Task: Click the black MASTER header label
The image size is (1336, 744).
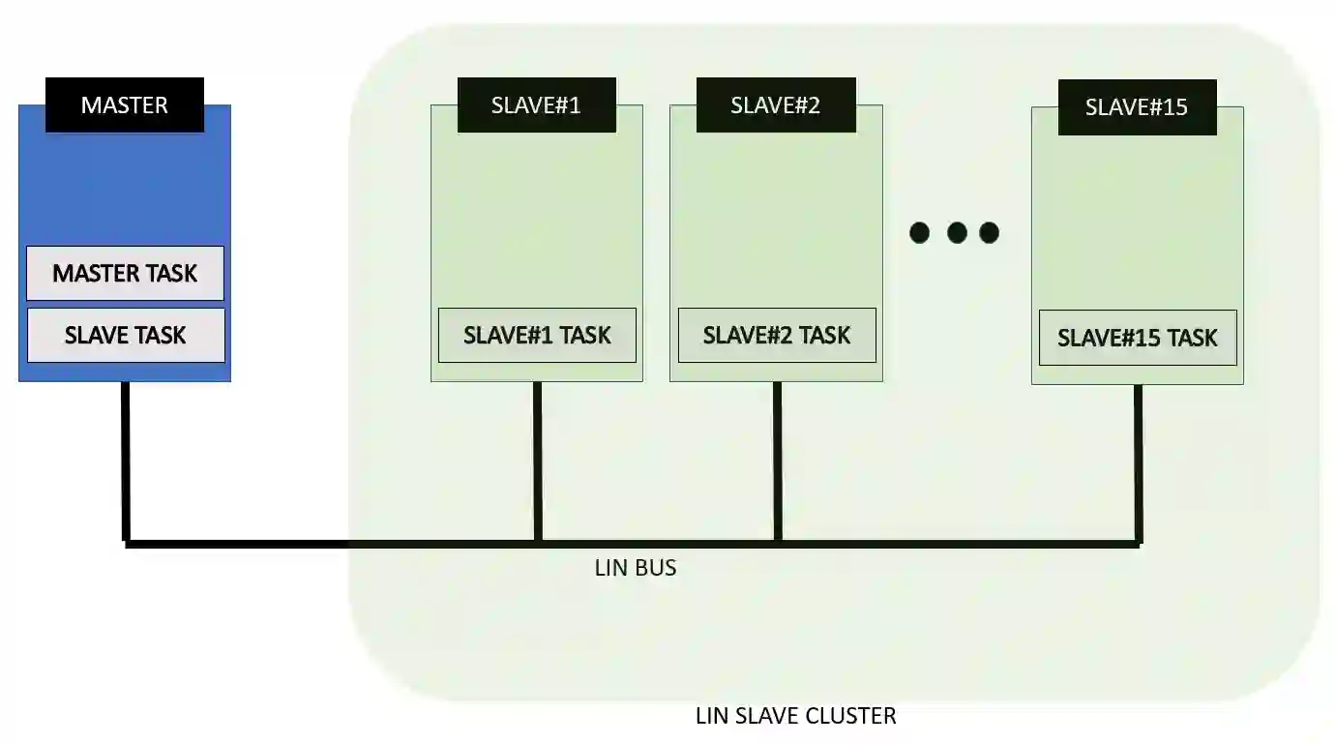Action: pyautogui.click(x=125, y=104)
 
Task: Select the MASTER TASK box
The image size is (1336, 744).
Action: pyautogui.click(x=125, y=274)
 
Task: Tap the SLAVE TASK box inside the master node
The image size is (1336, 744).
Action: pyautogui.click(x=126, y=336)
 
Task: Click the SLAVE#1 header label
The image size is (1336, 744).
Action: pyautogui.click(x=536, y=105)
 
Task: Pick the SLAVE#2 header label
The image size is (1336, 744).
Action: pyautogui.click(x=776, y=105)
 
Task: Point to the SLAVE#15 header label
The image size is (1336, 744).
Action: pyautogui.click(x=1137, y=107)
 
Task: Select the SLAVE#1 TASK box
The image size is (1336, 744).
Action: pyautogui.click(x=537, y=336)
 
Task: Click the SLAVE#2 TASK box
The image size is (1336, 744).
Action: pyautogui.click(x=777, y=336)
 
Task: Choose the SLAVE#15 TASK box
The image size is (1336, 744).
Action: pyautogui.click(x=1138, y=338)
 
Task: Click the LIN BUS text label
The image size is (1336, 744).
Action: pyautogui.click(x=636, y=568)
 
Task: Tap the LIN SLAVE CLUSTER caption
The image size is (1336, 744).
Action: pyautogui.click(x=796, y=716)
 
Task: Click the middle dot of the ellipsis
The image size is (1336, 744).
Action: pyautogui.click(x=957, y=232)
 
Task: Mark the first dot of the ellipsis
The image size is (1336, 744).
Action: pyautogui.click(x=920, y=232)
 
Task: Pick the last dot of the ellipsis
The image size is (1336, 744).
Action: pyautogui.click(x=989, y=232)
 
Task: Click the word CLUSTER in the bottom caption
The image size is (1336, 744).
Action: pyautogui.click(x=850, y=716)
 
